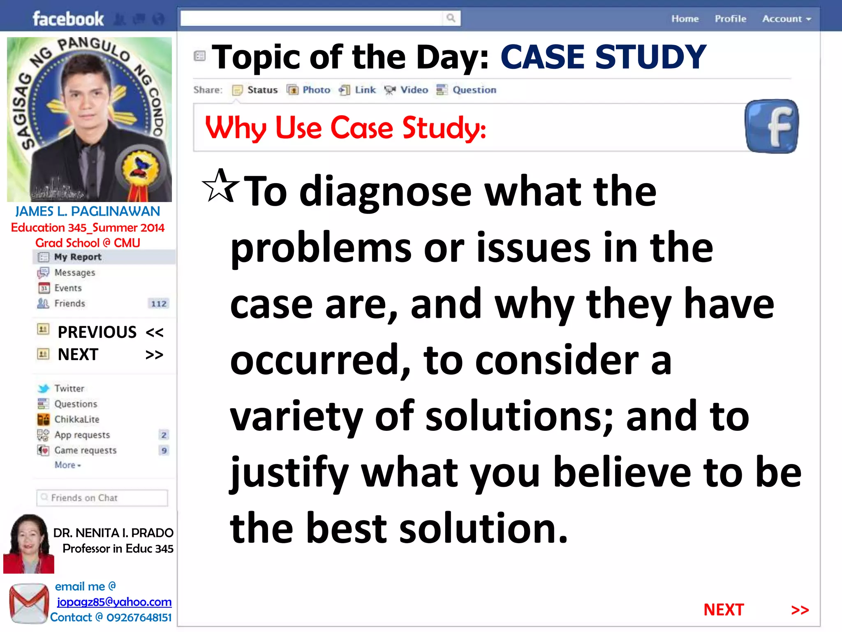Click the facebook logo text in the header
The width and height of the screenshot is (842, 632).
pyautogui.click(x=68, y=19)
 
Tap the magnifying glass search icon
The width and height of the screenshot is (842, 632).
pyautogui.click(x=451, y=18)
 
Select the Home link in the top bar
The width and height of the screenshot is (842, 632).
pyautogui.click(x=685, y=19)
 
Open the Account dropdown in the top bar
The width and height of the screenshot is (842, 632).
pyautogui.click(x=786, y=19)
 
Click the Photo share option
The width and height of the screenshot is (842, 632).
pyautogui.click(x=309, y=90)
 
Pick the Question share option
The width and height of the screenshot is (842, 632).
pyautogui.click(x=467, y=90)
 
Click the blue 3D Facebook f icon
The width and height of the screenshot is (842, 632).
pyautogui.click(x=772, y=126)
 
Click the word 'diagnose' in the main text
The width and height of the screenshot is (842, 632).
pyautogui.click(x=385, y=192)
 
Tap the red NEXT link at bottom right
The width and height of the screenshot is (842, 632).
pyautogui.click(x=724, y=610)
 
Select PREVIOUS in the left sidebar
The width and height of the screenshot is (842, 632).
pyautogui.click(x=97, y=332)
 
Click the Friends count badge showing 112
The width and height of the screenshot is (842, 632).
pyautogui.click(x=159, y=304)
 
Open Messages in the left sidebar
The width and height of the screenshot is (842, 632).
pyautogui.click(x=74, y=272)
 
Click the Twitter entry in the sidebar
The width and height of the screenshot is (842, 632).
pyautogui.click(x=69, y=388)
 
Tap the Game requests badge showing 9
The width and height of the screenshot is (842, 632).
pyautogui.click(x=164, y=451)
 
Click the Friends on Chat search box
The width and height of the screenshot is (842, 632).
pyautogui.click(x=102, y=498)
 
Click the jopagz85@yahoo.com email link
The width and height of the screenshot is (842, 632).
pyautogui.click(x=114, y=602)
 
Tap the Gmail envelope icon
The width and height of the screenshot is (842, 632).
pyautogui.click(x=28, y=603)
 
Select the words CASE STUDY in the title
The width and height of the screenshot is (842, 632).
pyautogui.click(x=603, y=57)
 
